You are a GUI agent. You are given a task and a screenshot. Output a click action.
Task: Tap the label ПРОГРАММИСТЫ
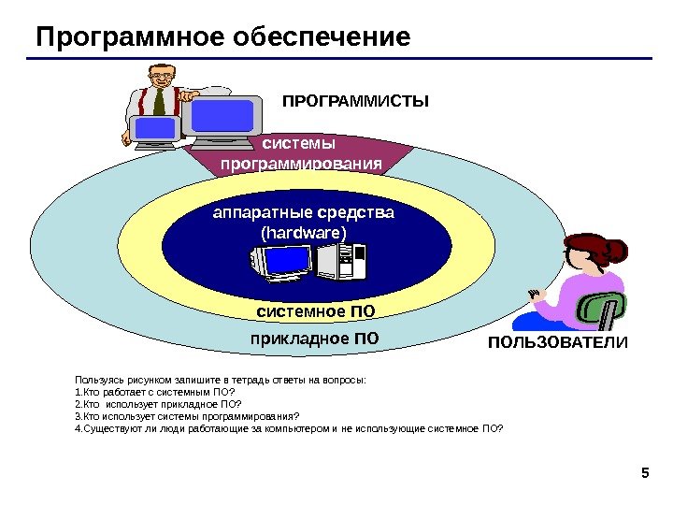tap(355, 100)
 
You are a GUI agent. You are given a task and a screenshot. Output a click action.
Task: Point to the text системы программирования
tap(301, 154)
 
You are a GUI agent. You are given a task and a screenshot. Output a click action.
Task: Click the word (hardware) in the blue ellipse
tap(304, 232)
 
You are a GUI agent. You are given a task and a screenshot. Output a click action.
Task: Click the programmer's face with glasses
tap(162, 76)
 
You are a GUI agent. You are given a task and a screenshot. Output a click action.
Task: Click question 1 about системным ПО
tap(155, 392)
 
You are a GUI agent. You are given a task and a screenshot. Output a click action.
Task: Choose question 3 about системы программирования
tap(187, 416)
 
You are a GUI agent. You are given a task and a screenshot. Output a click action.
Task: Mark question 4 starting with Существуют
tap(288, 428)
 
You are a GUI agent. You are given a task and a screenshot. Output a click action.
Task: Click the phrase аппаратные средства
tap(304, 213)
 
